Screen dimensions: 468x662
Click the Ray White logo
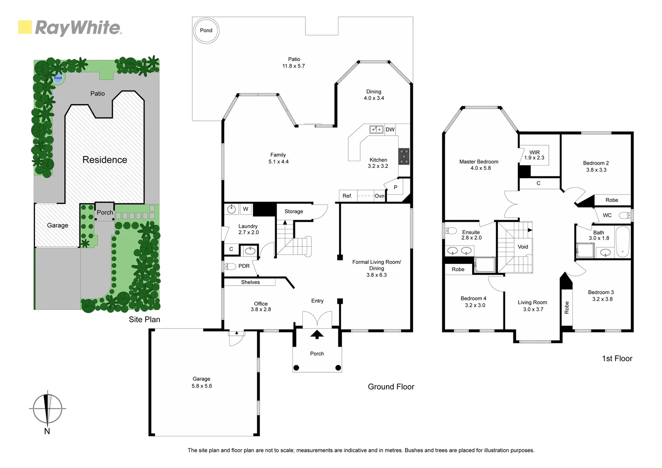[x=70, y=28]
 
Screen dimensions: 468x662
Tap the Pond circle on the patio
[x=206, y=30]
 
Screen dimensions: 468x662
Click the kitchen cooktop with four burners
[x=403, y=156]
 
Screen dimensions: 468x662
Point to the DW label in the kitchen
[x=390, y=130]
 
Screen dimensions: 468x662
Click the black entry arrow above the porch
[x=317, y=334]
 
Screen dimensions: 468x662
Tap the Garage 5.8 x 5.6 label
[x=201, y=382]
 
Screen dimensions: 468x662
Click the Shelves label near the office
[x=250, y=282]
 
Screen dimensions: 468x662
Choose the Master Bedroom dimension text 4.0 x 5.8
[x=480, y=168]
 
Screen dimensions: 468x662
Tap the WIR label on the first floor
[x=534, y=152]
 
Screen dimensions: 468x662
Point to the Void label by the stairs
[x=523, y=247]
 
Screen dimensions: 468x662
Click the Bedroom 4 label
[x=473, y=298]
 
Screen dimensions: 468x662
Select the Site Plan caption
[x=144, y=319]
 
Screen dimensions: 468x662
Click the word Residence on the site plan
[x=105, y=160]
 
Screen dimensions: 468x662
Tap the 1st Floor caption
[x=617, y=358]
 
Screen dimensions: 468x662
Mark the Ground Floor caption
[x=391, y=387]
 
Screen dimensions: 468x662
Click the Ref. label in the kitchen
[x=347, y=196]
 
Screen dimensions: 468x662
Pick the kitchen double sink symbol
[x=376, y=130]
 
